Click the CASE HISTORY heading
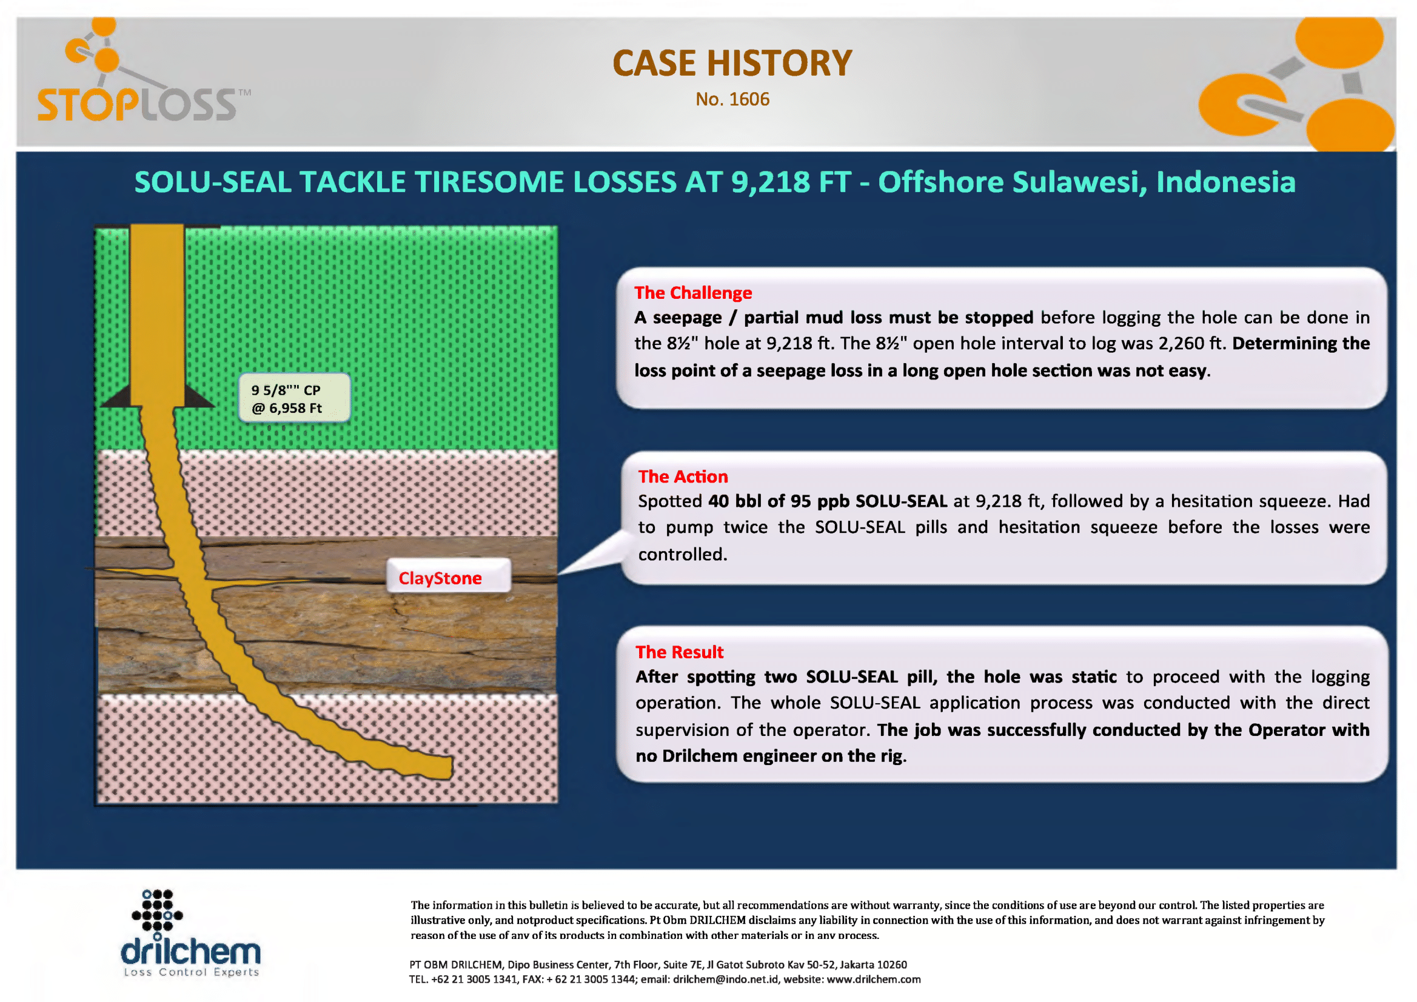[x=732, y=63]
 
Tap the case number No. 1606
[x=732, y=99]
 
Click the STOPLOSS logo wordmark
[x=137, y=105]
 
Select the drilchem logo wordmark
[x=191, y=951]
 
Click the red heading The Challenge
[x=693, y=292]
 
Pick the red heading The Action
[x=683, y=476]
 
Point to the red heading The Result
[x=680, y=652]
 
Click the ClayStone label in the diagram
[x=440, y=578]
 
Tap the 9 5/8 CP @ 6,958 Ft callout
[x=295, y=398]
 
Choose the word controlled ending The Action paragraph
[x=683, y=554]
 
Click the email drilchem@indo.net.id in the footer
[x=726, y=979]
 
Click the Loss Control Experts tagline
[x=192, y=972]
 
